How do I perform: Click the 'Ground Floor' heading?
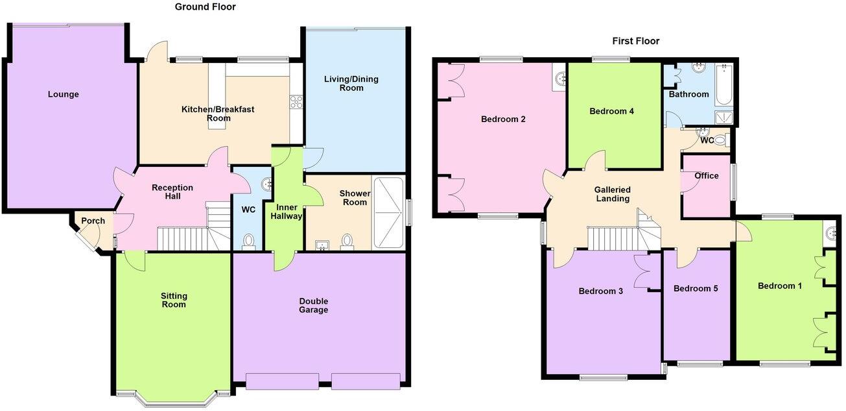[x=205, y=7]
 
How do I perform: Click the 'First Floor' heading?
[x=635, y=41]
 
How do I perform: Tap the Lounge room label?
[x=63, y=95]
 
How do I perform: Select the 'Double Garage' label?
[x=314, y=305]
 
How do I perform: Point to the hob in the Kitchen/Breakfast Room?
[x=296, y=101]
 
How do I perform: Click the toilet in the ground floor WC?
[x=248, y=242]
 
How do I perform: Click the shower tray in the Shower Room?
[x=388, y=212]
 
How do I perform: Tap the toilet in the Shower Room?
[x=348, y=242]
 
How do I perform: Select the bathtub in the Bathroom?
[x=725, y=85]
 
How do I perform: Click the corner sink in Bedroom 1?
[x=833, y=231]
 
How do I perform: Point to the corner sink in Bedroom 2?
[x=560, y=79]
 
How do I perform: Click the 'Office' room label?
[x=706, y=175]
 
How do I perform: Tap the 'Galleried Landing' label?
[x=612, y=194]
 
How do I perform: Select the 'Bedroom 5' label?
[x=695, y=288]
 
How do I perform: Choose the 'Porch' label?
[x=93, y=221]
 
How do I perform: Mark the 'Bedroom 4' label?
[x=611, y=111]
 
